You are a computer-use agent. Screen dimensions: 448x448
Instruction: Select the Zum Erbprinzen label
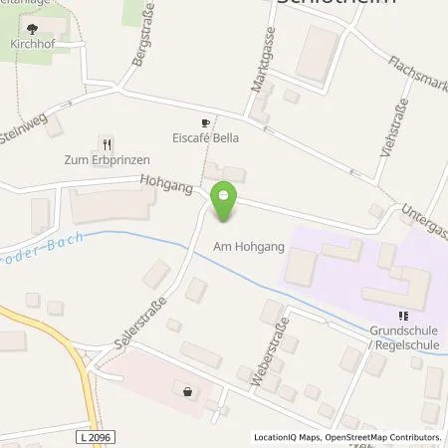click(107, 159)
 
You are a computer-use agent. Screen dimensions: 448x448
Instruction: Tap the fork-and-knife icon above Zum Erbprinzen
click(107, 143)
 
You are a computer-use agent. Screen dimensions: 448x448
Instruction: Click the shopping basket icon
click(187, 391)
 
